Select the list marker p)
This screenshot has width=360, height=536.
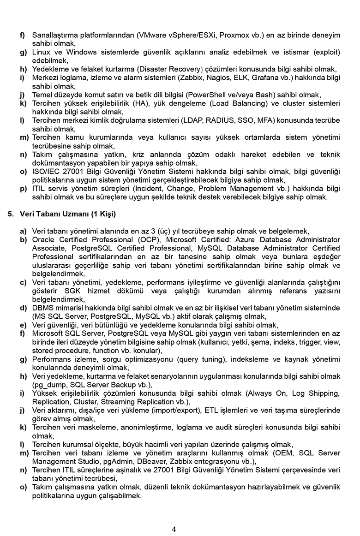[23, 189]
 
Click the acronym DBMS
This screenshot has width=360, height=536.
[43, 308]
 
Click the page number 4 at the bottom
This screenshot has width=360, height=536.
[174, 529]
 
